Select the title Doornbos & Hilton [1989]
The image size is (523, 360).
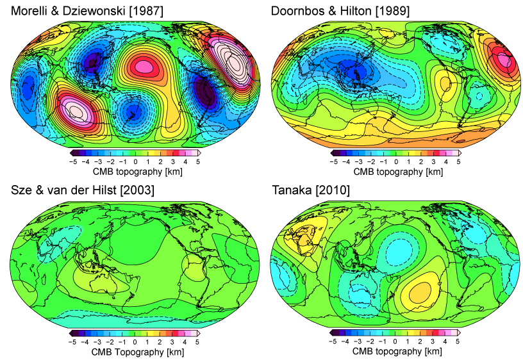(340, 12)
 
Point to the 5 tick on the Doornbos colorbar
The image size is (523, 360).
(458, 162)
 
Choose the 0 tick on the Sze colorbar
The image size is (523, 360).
(136, 342)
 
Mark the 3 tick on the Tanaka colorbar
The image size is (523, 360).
(433, 342)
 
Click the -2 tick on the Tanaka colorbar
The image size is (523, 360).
(371, 342)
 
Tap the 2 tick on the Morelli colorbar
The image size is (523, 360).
(160, 162)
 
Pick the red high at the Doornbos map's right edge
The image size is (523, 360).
(504, 61)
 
